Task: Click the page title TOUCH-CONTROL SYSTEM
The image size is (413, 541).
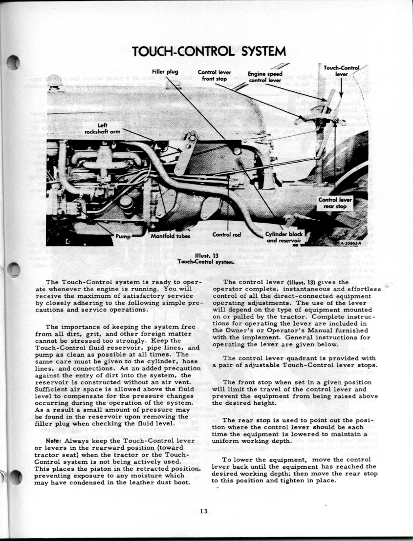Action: click(x=208, y=51)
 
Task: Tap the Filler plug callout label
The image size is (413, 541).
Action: click(x=165, y=72)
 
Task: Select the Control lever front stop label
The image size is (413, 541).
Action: click(x=214, y=75)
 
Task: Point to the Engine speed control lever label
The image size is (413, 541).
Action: click(x=265, y=77)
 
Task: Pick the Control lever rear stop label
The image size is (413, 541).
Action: click(x=334, y=203)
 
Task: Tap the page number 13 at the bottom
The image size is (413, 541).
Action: click(x=204, y=511)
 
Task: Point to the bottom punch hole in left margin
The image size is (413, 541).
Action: click(x=15, y=478)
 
